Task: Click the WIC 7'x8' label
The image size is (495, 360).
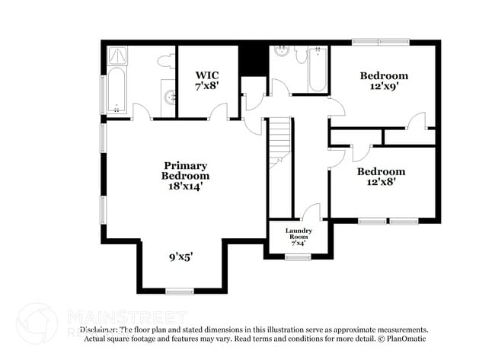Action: [x=207, y=80]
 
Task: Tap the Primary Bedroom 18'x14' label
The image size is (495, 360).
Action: [x=185, y=175]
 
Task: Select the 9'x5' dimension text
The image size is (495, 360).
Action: [x=180, y=257]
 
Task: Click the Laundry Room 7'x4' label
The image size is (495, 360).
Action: [x=298, y=236]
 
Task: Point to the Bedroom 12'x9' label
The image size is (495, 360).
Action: [x=384, y=81]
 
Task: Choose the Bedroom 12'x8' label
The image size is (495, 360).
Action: [x=382, y=177]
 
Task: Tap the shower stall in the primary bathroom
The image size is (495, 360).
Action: [x=118, y=57]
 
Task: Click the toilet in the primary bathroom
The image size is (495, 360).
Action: [x=165, y=61]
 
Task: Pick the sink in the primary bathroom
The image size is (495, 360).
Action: [x=168, y=97]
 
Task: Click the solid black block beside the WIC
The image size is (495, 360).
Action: [x=251, y=60]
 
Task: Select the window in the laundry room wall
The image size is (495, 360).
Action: [x=296, y=258]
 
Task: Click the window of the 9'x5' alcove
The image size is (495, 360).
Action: [x=180, y=292]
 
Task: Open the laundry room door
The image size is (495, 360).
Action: [x=311, y=212]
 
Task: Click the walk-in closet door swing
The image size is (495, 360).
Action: [x=219, y=112]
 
